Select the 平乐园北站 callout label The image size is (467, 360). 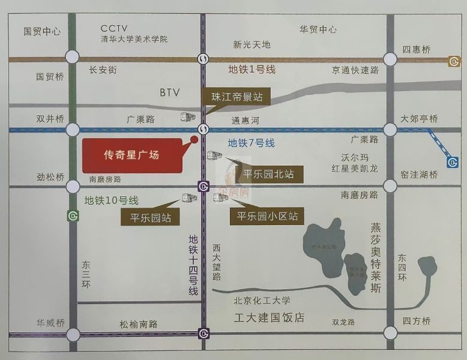[x=268, y=175]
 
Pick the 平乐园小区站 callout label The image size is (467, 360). [x=267, y=216]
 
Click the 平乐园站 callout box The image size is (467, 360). [x=150, y=218]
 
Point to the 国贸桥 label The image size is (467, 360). [x=50, y=77]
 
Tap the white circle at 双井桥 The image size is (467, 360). [x=73, y=130]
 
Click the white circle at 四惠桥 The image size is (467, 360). [x=391, y=59]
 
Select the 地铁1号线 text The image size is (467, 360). [x=252, y=70]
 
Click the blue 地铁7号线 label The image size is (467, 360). [x=251, y=143]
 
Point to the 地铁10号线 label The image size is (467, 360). [x=111, y=200]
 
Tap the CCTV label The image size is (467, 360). [x=115, y=28]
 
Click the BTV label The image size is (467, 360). [x=170, y=93]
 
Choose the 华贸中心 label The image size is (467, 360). [x=318, y=29]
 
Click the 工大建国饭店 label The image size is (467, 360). [x=269, y=317]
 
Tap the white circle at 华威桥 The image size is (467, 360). [x=73, y=334]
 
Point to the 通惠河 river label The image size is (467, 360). [x=244, y=121]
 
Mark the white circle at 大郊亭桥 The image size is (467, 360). [x=391, y=130]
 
